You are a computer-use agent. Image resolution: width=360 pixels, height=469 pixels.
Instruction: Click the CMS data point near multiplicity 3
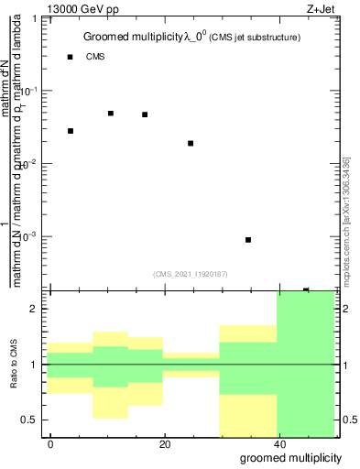tap(71, 131)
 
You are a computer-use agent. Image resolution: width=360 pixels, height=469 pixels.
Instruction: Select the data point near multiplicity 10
tap(111, 114)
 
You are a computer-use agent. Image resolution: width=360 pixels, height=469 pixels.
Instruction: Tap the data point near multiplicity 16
tap(145, 115)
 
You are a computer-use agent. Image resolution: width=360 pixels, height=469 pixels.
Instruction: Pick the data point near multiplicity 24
tap(191, 143)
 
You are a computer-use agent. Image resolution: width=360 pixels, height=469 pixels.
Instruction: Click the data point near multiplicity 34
tap(248, 240)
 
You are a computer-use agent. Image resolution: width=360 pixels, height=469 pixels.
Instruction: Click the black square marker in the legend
tap(71, 57)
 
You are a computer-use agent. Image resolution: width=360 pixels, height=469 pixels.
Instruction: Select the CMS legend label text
tap(95, 57)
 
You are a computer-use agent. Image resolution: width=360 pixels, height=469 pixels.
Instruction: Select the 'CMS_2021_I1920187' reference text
tap(191, 273)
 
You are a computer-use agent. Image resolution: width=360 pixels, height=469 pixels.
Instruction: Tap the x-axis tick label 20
tap(164, 443)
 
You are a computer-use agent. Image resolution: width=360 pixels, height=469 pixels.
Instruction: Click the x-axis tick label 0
tap(51, 443)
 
